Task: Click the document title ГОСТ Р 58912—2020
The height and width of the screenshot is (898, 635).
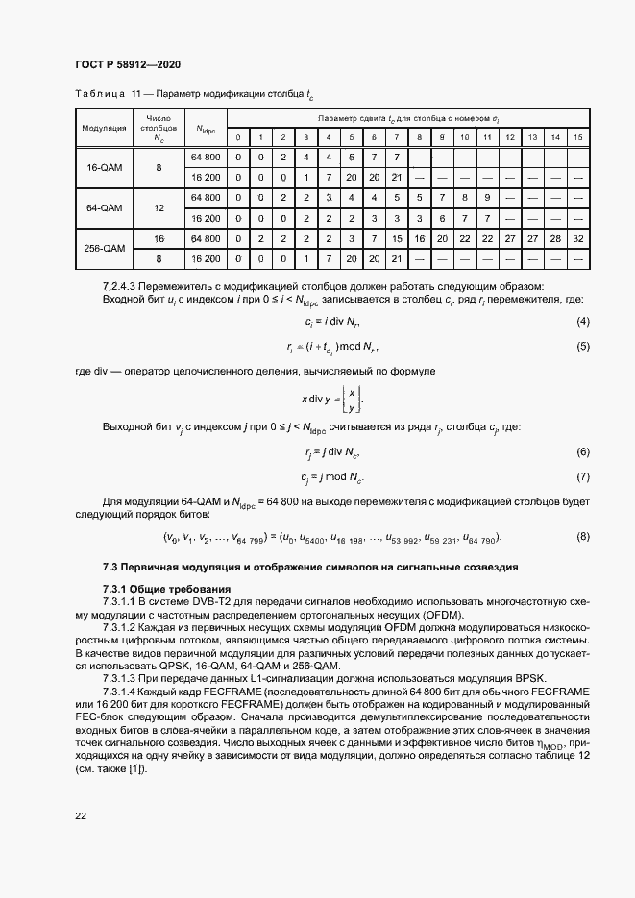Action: (x=128, y=64)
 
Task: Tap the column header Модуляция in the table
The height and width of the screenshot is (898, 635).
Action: (x=104, y=127)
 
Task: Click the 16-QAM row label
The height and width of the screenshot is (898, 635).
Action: (x=104, y=167)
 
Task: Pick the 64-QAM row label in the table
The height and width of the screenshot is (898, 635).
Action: (x=104, y=208)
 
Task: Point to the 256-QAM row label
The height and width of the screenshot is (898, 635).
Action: (x=104, y=248)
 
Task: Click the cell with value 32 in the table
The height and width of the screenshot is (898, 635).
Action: (x=577, y=237)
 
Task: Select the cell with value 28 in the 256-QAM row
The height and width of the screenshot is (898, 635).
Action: (x=555, y=237)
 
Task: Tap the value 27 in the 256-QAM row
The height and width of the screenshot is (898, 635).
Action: (x=532, y=237)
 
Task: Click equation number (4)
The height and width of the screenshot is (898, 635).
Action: (x=582, y=320)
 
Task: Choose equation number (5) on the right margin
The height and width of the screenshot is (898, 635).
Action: (x=582, y=346)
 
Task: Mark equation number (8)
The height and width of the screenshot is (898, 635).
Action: (x=582, y=536)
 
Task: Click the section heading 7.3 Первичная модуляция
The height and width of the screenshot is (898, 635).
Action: (x=310, y=568)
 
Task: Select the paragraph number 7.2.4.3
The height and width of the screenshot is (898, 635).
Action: (x=121, y=286)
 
